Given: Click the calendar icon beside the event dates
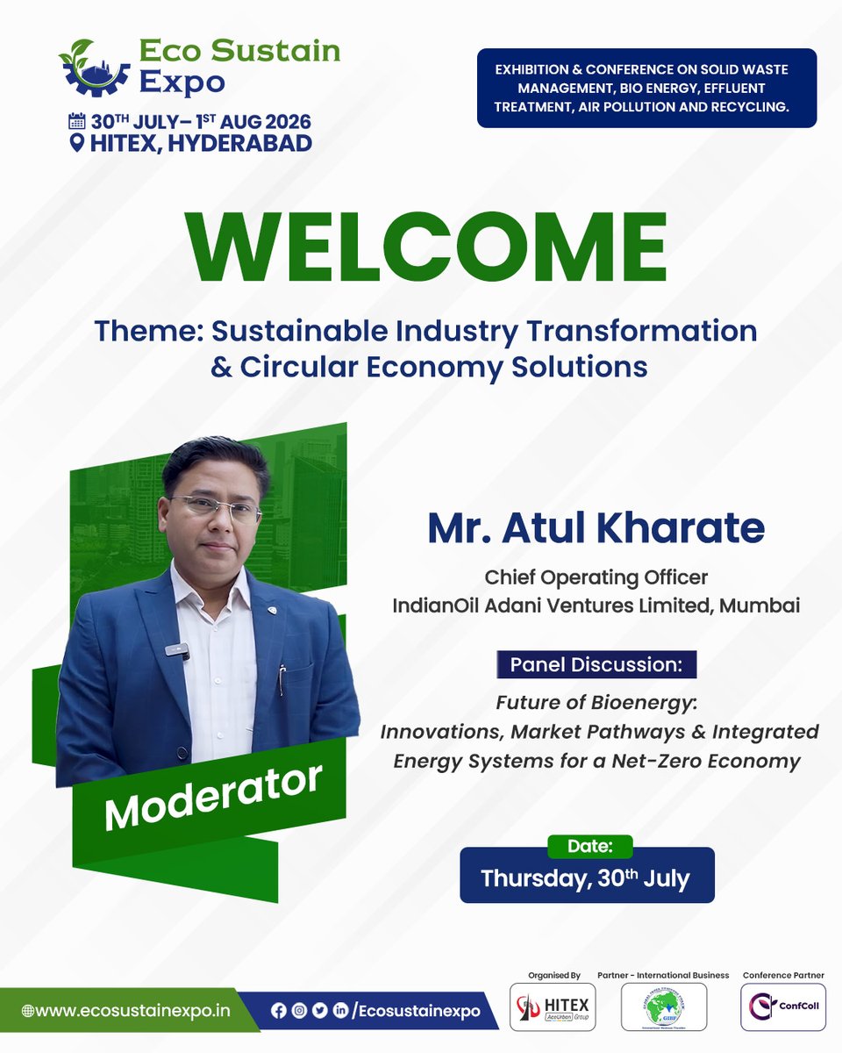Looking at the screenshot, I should pos(76,121).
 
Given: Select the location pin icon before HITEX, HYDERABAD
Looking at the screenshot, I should pos(77,143).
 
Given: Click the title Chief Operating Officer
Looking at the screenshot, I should pos(596,577).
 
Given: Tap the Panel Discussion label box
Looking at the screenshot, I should pos(596,664).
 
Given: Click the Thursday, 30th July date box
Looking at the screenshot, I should pos(587,877).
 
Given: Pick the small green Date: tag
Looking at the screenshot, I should pos(589,846).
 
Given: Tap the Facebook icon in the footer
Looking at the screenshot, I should pos(279,1011).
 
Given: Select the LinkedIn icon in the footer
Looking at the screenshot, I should pos(339,1011).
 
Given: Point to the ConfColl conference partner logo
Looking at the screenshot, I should pos(783,1006).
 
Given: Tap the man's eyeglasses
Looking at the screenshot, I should pos(216,508).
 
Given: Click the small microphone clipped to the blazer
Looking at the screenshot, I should pos(178,651).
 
